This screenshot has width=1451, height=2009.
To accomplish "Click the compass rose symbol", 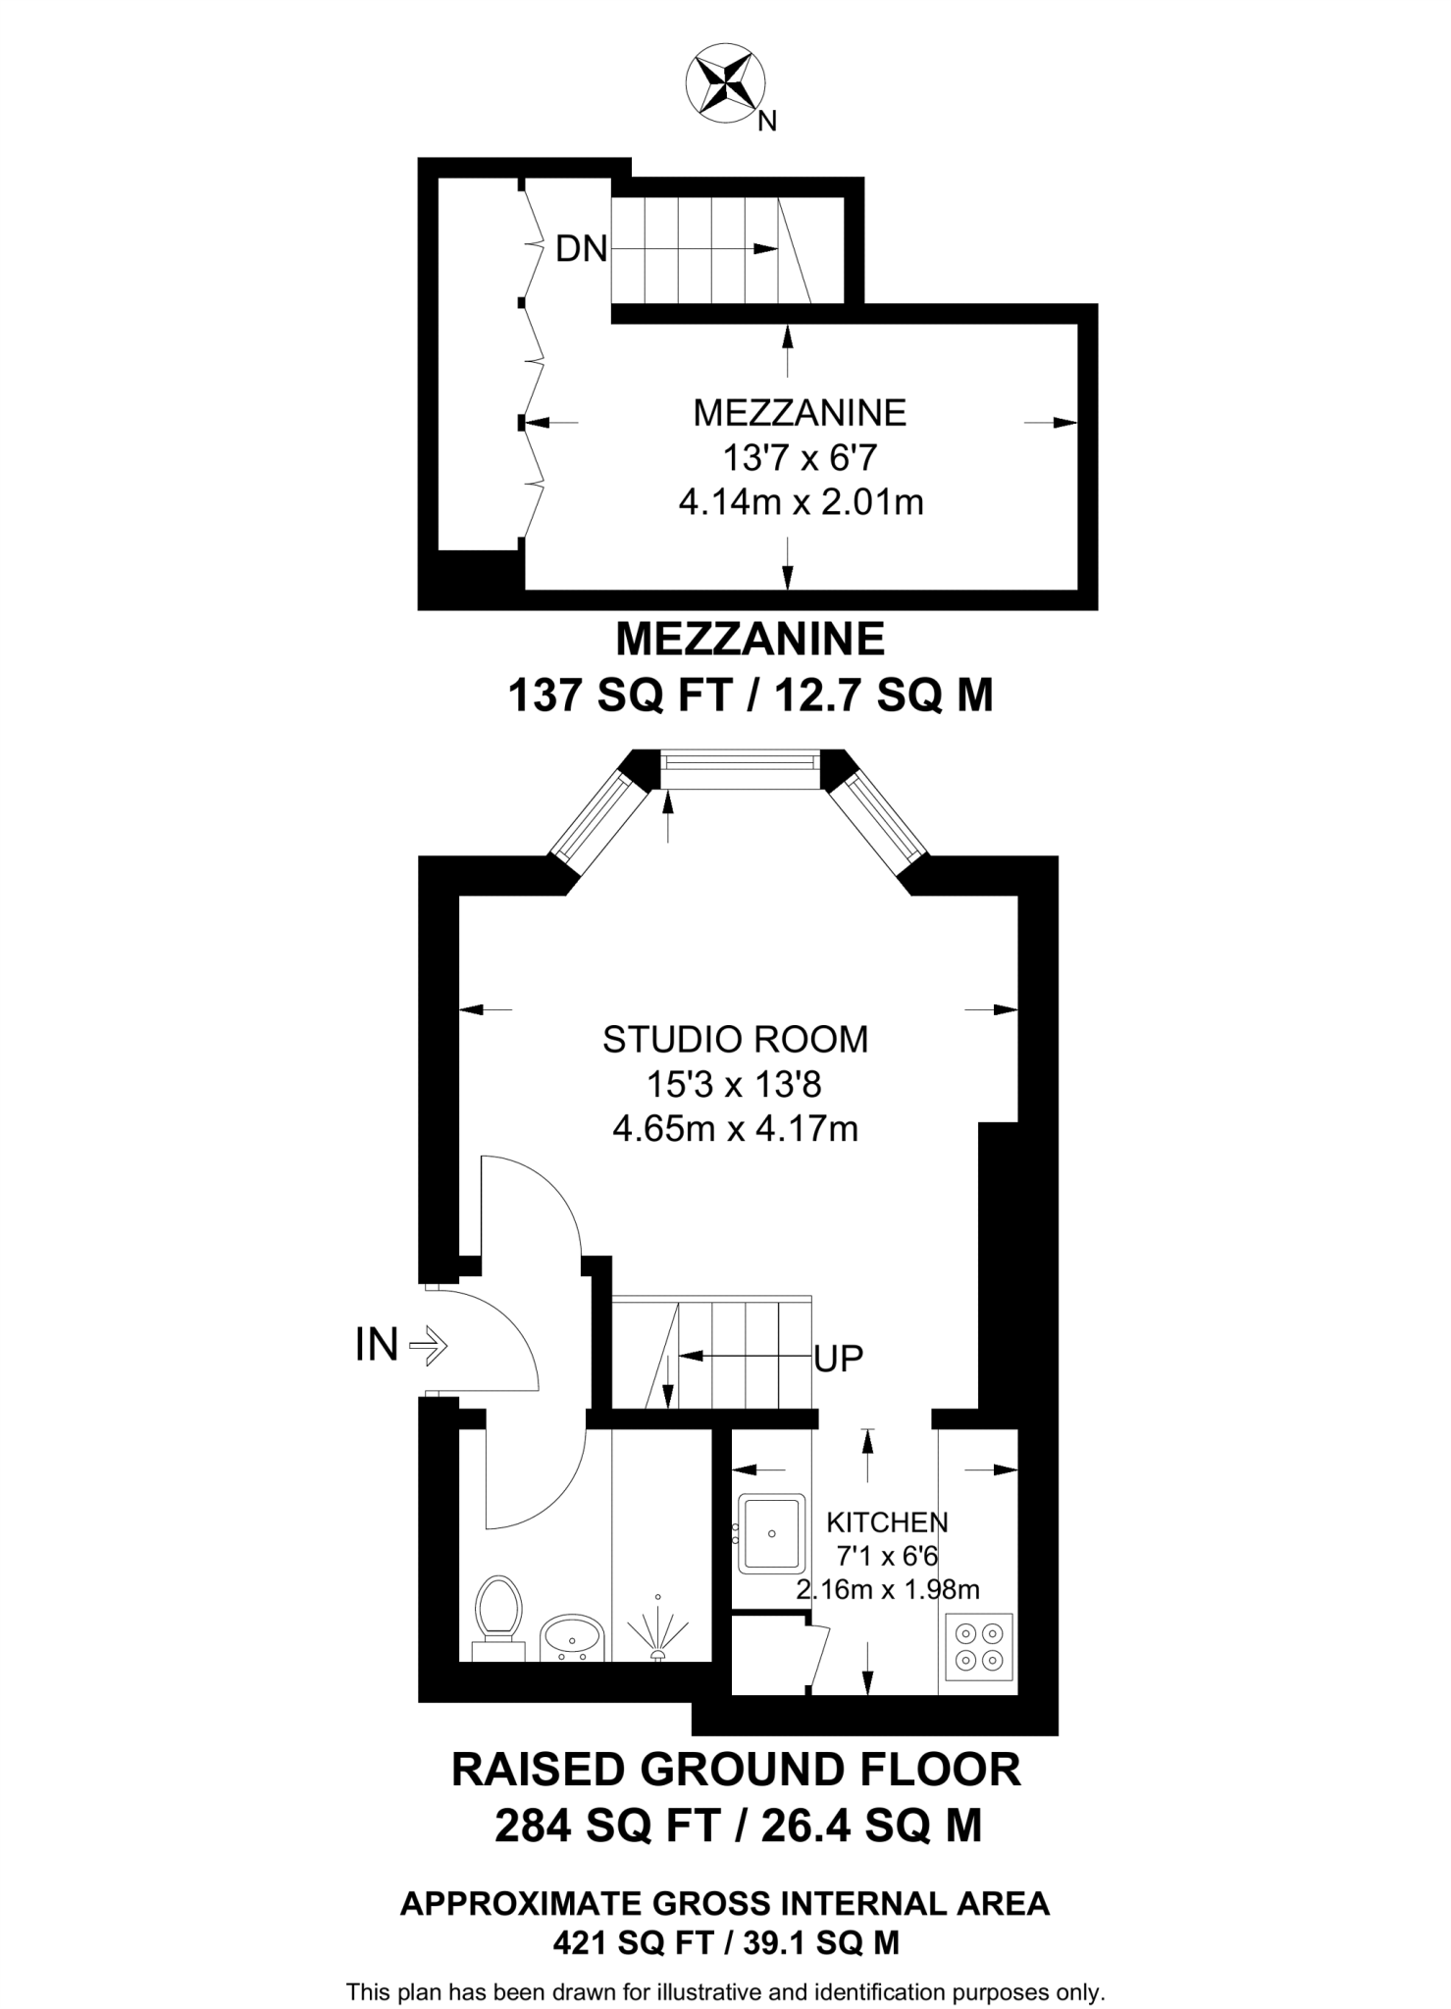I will coord(726,85).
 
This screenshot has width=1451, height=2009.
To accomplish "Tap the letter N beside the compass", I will coord(768,122).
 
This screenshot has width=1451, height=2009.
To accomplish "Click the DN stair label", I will coord(581,249).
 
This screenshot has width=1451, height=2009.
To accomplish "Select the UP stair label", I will coord(839,1359).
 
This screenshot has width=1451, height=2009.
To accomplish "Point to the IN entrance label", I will coord(377,1345).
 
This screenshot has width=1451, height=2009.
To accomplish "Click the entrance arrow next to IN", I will coord(428,1346).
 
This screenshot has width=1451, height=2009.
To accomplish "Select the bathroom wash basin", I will coord(572,1636).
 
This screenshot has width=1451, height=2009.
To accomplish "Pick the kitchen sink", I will coord(771,1532).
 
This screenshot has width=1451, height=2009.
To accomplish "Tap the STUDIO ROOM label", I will coord(735,1039).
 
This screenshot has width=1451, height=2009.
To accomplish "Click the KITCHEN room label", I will coord(887,1522).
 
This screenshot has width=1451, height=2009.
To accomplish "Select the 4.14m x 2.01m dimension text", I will coord(801,503).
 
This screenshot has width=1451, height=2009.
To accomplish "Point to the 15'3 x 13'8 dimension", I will coord(734,1084).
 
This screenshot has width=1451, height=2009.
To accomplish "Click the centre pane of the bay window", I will coord(739,768).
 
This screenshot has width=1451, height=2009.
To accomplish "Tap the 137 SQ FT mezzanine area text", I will coord(620,696).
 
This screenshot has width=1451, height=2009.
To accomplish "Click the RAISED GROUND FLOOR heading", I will coord(736,1770).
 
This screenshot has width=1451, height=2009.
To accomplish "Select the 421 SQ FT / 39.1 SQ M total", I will coord(726,1941).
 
